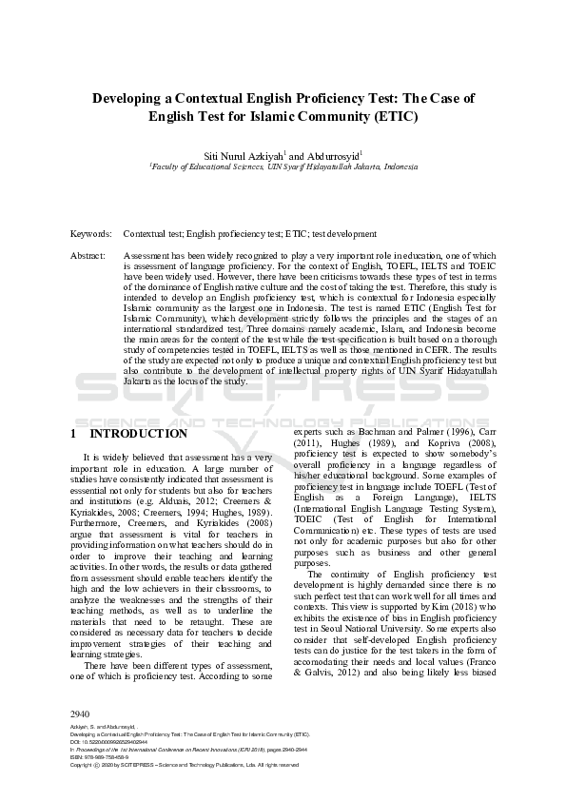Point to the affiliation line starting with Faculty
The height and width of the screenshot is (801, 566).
pos(283,166)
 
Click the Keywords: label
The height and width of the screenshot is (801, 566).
pos(90,233)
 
